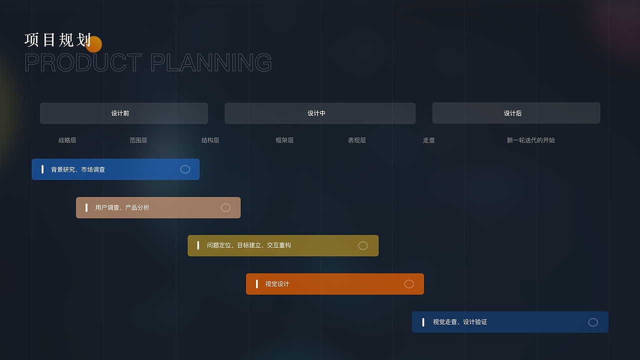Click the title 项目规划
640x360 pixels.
(x=57, y=40)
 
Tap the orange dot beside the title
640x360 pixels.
(x=94, y=44)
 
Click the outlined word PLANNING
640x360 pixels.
(x=211, y=63)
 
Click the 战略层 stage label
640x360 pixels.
(x=67, y=140)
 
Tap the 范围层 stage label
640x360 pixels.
(x=138, y=140)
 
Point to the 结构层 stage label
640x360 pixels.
(x=210, y=140)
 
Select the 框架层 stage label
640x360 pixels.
(x=284, y=140)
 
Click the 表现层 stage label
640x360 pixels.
(x=356, y=140)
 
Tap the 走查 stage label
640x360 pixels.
(x=428, y=140)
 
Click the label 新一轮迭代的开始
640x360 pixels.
(x=530, y=140)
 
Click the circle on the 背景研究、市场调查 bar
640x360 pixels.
(x=185, y=169)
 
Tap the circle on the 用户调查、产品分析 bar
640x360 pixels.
(x=225, y=207)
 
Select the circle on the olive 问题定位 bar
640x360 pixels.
(x=363, y=245)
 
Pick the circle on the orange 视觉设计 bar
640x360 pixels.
(x=409, y=284)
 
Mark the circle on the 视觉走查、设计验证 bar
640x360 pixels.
(x=593, y=322)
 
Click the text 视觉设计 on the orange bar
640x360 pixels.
(x=277, y=284)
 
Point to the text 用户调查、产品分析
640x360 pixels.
(x=122, y=207)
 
